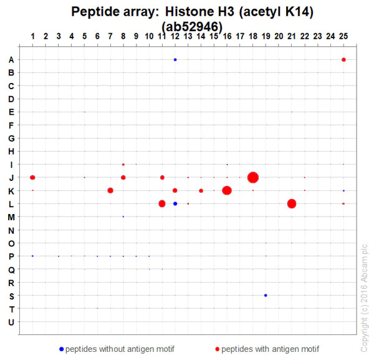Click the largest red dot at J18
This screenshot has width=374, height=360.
pos(252,178)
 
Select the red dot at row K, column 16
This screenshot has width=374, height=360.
pos(227,190)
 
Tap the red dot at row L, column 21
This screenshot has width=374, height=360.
pos(292,203)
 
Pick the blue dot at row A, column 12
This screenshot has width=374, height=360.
pos(175,60)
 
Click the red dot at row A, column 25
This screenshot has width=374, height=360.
pos(343,60)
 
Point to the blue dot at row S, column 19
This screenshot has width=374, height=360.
pos(266,295)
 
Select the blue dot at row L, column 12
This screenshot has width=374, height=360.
pos(175,203)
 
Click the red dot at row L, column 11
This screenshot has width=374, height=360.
pos(162,203)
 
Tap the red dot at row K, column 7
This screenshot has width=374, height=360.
pos(110,190)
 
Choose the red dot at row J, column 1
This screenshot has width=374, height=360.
pos(32,178)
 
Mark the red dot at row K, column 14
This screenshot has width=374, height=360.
pos(201,190)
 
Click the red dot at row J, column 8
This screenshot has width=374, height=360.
pos(123,178)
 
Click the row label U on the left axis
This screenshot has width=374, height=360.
pos(11,322)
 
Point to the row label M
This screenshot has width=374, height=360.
pos(11,217)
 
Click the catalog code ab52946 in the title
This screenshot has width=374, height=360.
pos(191,26)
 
